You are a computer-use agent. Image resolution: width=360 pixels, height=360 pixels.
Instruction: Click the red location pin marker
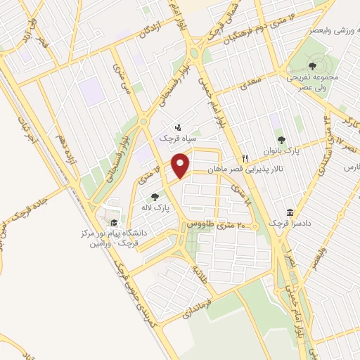[181, 166]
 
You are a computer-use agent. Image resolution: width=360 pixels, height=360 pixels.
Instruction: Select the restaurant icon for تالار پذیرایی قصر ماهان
[245, 158]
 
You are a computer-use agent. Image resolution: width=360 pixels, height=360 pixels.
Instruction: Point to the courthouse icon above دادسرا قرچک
[289, 212]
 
